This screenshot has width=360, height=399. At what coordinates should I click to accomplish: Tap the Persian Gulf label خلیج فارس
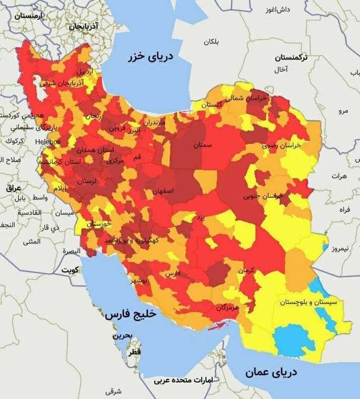coord(131,314)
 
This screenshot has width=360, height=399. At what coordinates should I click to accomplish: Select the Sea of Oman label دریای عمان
coord(271,373)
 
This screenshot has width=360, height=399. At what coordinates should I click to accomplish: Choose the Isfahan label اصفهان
coord(163,191)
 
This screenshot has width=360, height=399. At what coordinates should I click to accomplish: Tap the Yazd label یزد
coord(200,217)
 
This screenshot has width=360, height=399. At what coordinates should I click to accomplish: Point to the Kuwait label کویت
coord(71,270)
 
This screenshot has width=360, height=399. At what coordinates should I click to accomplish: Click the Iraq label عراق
coord(13,188)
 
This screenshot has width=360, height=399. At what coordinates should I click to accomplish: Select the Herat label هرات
coord(339,176)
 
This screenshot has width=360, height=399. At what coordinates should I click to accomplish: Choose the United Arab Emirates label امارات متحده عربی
coord(183,379)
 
